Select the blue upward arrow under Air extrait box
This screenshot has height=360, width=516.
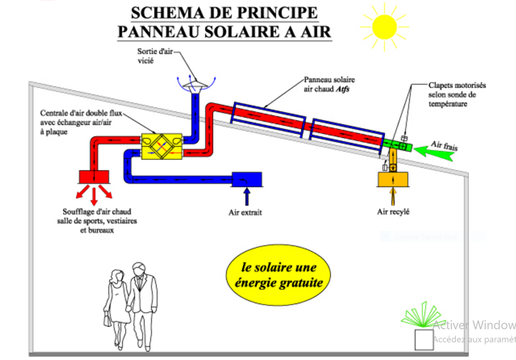point(248,196)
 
